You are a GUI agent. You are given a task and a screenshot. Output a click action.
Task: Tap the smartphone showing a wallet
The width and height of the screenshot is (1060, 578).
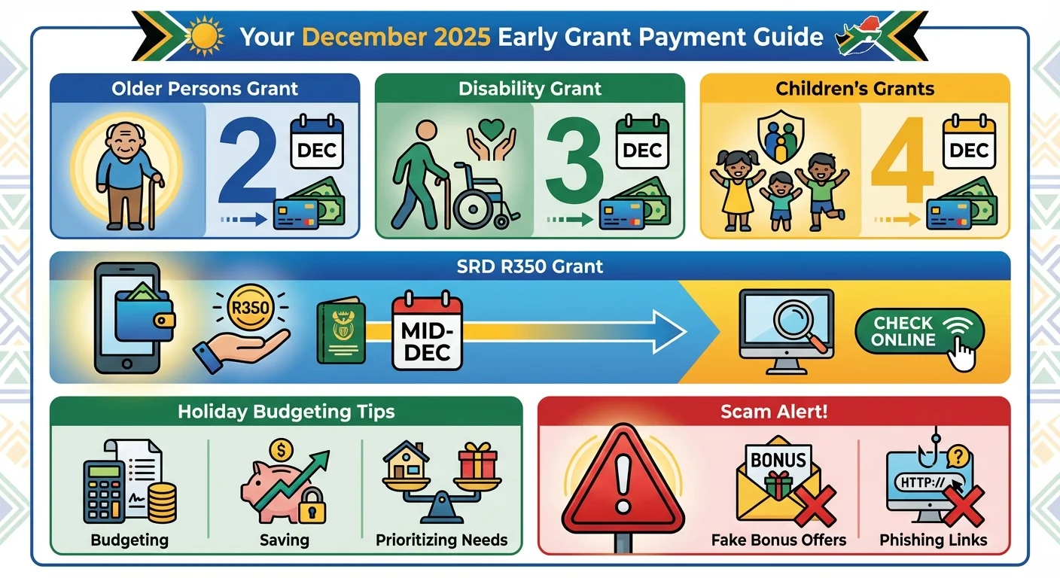tap(128, 316)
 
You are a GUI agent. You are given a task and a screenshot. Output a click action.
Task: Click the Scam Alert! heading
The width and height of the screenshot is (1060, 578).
tap(773, 412)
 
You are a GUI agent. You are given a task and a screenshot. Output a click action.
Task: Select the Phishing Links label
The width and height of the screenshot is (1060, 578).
tap(933, 540)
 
